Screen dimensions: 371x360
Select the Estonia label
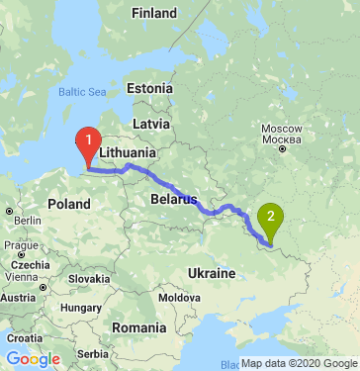(149, 88)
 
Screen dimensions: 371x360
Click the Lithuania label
(128, 153)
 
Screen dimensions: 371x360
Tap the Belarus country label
(173, 199)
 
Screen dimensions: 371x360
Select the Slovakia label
(90, 278)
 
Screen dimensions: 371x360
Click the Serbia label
(92, 353)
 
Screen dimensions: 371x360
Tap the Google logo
(33, 358)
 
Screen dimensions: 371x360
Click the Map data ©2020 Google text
(299, 363)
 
